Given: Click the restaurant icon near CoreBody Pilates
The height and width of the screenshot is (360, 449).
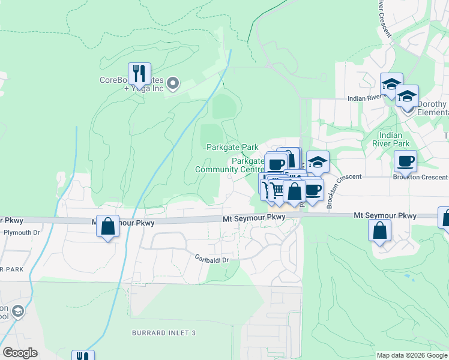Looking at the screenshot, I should click(x=139, y=73).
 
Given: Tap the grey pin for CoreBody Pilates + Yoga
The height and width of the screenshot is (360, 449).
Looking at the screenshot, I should click(x=173, y=83).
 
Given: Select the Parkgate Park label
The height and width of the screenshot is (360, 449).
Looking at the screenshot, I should click(x=232, y=147).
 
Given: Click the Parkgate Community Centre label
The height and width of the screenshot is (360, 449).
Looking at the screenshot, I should click(x=229, y=165).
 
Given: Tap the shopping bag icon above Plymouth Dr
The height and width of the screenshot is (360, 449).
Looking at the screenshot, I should click(x=107, y=227).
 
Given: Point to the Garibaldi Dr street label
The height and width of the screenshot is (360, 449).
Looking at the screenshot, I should click(x=216, y=258).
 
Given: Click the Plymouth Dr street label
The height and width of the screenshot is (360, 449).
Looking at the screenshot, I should click(x=21, y=232).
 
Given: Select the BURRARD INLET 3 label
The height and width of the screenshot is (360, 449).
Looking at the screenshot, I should click(x=164, y=332).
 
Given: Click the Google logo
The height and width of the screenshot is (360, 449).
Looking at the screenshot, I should click(x=20, y=353).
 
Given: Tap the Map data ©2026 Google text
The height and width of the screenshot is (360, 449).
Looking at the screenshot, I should click(x=411, y=355).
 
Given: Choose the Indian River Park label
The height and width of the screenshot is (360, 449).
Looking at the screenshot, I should click(x=395, y=139).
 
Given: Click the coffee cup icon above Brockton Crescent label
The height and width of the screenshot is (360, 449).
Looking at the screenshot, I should click(x=405, y=160).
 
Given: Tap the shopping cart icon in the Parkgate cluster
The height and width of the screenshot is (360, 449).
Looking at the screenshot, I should click(x=276, y=190).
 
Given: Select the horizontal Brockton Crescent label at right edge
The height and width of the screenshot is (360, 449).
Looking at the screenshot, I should click(x=420, y=177).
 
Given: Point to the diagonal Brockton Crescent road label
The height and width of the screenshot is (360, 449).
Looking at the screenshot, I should click(x=336, y=190).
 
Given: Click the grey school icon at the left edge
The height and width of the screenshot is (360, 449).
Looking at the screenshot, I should click(x=17, y=311).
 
